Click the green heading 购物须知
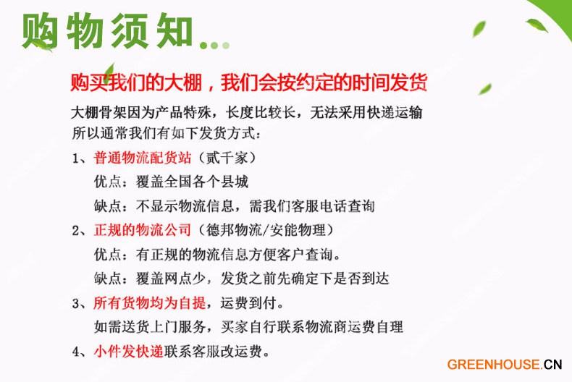tap(108, 30)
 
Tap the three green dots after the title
tap(215, 45)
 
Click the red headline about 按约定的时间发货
tap(249, 82)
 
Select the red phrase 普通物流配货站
tap(143, 158)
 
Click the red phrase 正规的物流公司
tap(143, 230)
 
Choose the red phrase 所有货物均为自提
tap(150, 302)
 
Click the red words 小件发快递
tap(129, 352)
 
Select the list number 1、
tap(80, 158)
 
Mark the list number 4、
tap(80, 352)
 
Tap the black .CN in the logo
tap(552, 365)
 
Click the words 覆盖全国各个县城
tap(193, 182)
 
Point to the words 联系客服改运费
tap(213, 352)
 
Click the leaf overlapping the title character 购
tap(42, 45)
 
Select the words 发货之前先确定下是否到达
tap(305, 279)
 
